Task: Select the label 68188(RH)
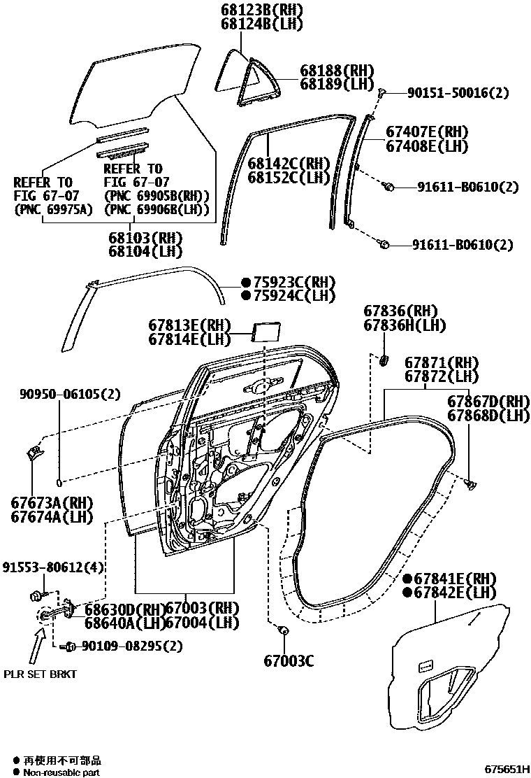(x=337, y=70)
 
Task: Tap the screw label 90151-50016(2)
(x=449, y=93)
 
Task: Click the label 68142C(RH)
(x=289, y=164)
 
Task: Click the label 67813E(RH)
(x=189, y=325)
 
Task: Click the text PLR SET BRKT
(x=40, y=674)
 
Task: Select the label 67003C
(x=289, y=660)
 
